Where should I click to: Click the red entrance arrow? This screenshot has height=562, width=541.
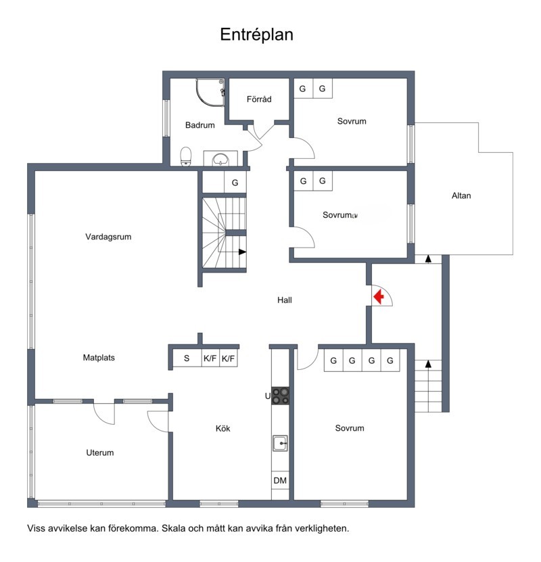379,297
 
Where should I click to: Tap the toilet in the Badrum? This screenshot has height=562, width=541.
185,157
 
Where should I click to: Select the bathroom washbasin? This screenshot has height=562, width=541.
220,159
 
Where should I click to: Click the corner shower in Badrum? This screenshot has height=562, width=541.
210,93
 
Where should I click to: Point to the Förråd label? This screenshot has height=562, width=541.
259,99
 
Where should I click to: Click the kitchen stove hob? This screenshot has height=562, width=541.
280,396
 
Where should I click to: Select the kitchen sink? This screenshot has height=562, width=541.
280,444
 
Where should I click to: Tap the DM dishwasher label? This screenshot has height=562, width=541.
280,481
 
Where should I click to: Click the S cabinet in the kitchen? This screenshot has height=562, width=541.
187,358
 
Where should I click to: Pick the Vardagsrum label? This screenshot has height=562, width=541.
108,237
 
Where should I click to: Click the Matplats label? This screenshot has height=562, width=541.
99,357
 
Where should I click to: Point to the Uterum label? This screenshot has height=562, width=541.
100,452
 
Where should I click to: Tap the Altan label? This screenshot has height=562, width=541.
461,195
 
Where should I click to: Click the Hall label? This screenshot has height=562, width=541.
285,300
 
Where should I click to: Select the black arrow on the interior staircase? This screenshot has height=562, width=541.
243,252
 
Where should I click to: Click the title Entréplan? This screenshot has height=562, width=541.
256,34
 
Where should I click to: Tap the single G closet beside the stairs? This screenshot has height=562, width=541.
235,183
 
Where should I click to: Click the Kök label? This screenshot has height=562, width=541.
223,428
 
